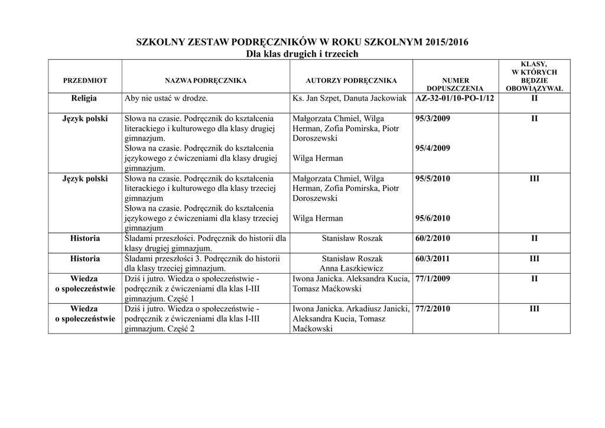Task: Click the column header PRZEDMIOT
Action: [85, 80]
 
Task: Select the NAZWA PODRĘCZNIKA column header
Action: [206, 80]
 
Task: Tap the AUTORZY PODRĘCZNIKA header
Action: [352, 80]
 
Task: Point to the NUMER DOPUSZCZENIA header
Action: [456, 85]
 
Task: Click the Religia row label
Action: [85, 98]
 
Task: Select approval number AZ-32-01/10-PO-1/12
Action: [455, 98]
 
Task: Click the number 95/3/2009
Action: [433, 119]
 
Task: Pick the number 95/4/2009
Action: [433, 148]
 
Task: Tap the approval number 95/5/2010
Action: [433, 179]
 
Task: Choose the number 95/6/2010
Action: [433, 218]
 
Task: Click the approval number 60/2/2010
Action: [433, 238]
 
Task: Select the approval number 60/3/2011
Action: [433, 258]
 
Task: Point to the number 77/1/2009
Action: [433, 278]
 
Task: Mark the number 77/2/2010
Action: [433, 309]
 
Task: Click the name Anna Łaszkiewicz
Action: [352, 268]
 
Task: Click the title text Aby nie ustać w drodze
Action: [166, 98]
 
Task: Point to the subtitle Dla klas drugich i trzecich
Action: [302, 54]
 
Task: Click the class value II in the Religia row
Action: [534, 98]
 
